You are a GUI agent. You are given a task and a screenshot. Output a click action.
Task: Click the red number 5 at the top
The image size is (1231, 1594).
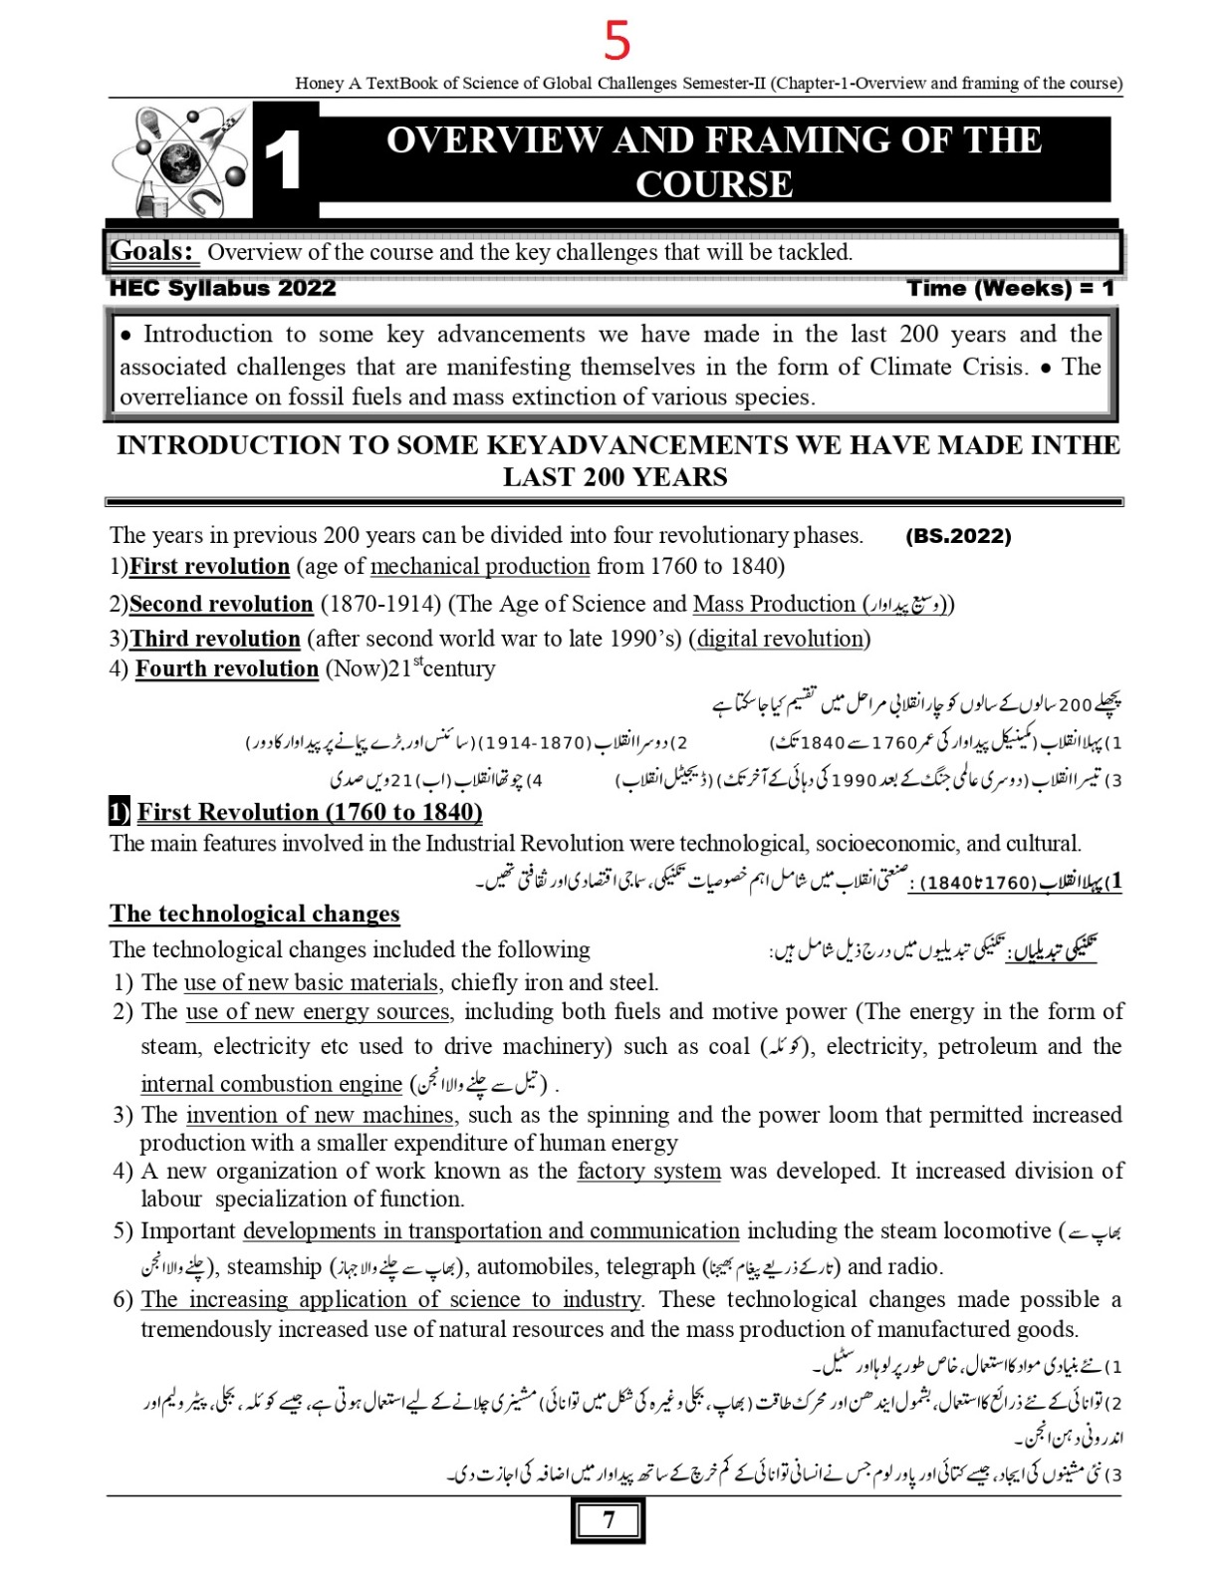coord(617,41)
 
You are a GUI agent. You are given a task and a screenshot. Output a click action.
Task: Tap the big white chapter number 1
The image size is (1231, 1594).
coord(285,161)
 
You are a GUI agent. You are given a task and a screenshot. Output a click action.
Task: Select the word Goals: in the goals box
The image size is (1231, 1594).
coord(152,251)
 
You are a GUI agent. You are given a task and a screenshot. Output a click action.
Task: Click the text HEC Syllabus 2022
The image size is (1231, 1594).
coord(222,289)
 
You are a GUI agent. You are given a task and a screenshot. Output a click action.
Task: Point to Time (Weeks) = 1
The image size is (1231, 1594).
coord(1010,289)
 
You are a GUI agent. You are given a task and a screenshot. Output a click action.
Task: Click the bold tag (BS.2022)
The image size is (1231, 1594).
coord(958,536)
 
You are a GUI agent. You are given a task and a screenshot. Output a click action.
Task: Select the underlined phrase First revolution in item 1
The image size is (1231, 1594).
coord(209,567)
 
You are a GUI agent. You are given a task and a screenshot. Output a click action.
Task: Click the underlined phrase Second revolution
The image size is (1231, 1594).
coord(221,605)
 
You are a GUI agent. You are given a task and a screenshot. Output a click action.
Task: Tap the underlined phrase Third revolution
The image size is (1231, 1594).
coord(215,640)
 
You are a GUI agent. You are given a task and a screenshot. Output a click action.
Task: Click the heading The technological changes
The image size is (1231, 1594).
coord(255,915)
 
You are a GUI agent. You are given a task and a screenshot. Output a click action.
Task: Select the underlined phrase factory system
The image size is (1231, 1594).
coord(648,1172)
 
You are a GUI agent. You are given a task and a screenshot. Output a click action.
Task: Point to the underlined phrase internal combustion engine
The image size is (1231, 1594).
coord(271,1084)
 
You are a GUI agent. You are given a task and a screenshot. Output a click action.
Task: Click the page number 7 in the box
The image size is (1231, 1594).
coord(609,1520)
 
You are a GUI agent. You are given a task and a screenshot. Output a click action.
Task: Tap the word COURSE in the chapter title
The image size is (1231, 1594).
coord(714,184)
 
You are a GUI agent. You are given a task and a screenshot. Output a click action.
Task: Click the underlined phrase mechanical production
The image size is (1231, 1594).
coord(480,567)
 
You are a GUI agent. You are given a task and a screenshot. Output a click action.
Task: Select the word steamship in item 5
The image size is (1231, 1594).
coord(274,1267)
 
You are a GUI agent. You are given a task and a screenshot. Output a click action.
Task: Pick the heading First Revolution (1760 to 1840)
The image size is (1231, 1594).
coord(310,813)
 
